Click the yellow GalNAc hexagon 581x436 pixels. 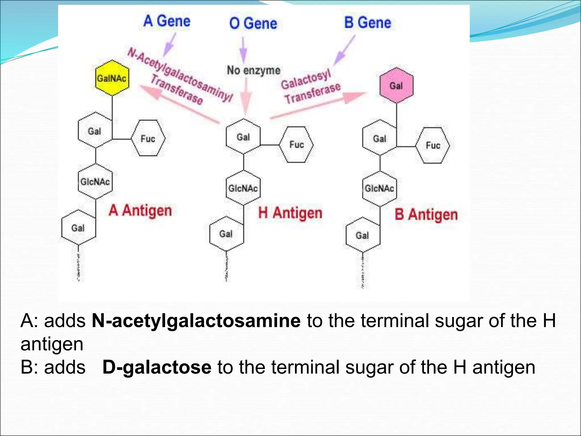pyautogui.click(x=112, y=78)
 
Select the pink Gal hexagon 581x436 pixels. pyautogui.click(x=396, y=85)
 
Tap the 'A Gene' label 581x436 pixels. pyautogui.click(x=167, y=21)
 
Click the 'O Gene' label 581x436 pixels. pyautogui.click(x=253, y=23)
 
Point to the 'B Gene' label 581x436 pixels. pyautogui.click(x=368, y=22)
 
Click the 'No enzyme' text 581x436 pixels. pyautogui.click(x=254, y=70)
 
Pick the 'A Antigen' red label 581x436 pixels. pyautogui.click(x=140, y=211)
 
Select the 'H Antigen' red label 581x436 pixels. pyautogui.click(x=290, y=213)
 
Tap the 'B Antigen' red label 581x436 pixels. pyautogui.click(x=426, y=215)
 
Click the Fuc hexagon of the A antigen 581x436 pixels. pyautogui.click(x=148, y=139)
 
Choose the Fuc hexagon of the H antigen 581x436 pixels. pyautogui.click(x=296, y=144)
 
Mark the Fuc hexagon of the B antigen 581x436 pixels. pyautogui.click(x=433, y=146)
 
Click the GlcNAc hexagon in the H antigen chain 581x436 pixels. pyautogui.click(x=243, y=188)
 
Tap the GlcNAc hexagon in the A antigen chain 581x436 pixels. pyautogui.click(x=95, y=181)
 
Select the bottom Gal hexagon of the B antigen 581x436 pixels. pyautogui.click(x=363, y=235)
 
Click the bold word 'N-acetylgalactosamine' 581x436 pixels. pyautogui.click(x=196, y=321)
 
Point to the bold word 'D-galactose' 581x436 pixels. pyautogui.click(x=157, y=367)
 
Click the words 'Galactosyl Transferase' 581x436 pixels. pyautogui.click(x=311, y=87)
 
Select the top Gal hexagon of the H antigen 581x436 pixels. pyautogui.click(x=243, y=137)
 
